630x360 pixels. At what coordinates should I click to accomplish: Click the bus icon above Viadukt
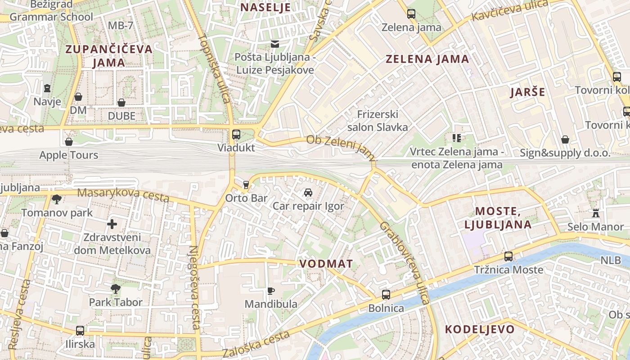tap(236, 134)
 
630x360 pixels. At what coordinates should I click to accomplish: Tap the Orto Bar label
tap(246, 198)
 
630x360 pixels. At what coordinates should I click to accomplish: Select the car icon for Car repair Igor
tap(308, 193)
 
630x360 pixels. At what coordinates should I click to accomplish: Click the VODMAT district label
tap(326, 264)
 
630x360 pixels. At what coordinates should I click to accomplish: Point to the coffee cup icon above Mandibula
tap(270, 291)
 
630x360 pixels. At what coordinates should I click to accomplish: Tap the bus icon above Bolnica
tap(386, 295)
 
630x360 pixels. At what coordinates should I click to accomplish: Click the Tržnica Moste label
tap(508, 270)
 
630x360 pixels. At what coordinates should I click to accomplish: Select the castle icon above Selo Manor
tap(596, 213)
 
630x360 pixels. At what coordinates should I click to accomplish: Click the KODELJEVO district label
tap(480, 329)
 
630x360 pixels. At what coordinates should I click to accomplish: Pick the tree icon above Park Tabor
tap(116, 288)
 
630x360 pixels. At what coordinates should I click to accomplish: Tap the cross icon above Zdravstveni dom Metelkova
tap(112, 224)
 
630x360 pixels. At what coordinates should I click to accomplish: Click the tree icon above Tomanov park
tap(57, 199)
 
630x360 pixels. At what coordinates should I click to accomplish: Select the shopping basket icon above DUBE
tap(121, 103)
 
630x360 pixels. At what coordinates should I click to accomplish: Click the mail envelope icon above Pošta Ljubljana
tap(274, 44)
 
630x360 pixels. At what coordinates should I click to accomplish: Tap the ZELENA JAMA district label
tap(427, 59)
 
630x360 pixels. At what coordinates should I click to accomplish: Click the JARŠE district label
tap(527, 92)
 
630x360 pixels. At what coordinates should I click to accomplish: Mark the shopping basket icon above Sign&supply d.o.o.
tap(565, 139)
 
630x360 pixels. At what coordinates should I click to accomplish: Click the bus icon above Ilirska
tap(80, 331)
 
